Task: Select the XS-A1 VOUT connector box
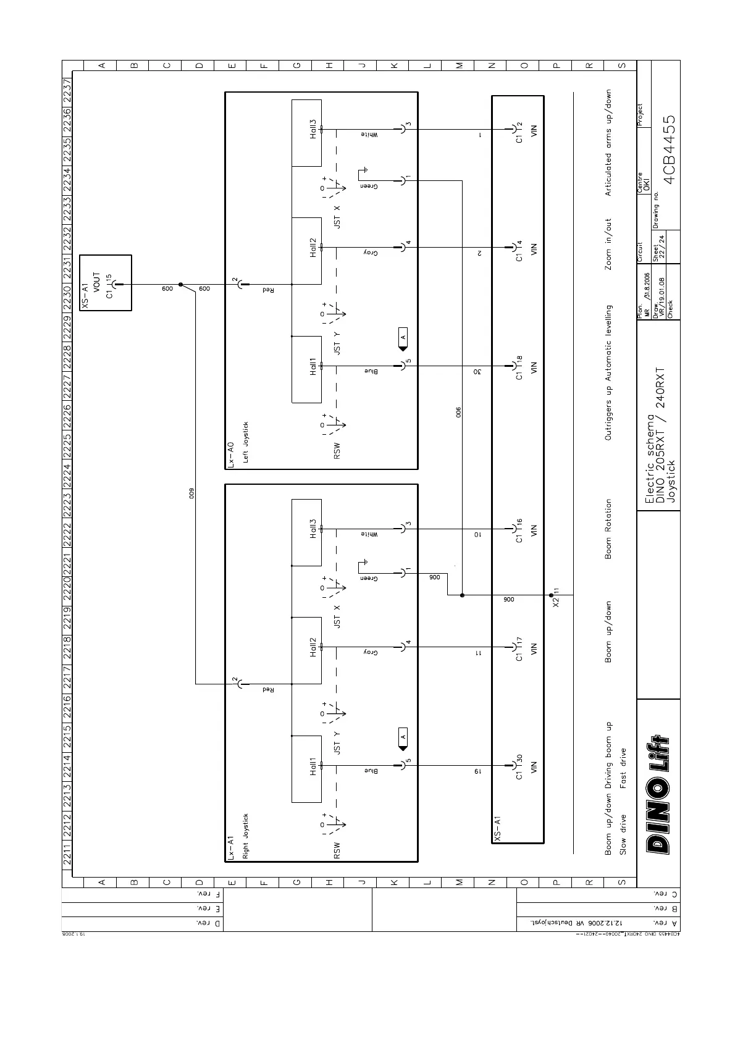pyautogui.click(x=106, y=283)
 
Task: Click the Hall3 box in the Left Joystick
pyautogui.click(x=306, y=133)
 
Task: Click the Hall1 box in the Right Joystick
pyautogui.click(x=306, y=769)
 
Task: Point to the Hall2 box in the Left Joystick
pyautogui.click(x=306, y=251)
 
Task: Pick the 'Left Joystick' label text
pyautogui.click(x=246, y=442)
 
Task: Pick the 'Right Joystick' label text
pyautogui.click(x=246, y=836)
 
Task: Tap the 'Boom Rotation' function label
pyautogui.click(x=608, y=529)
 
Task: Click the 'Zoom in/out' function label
pyautogui.click(x=608, y=243)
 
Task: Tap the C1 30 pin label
pyautogui.click(x=519, y=766)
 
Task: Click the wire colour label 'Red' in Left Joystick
pyautogui.click(x=268, y=289)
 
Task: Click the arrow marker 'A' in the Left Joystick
pyautogui.click(x=403, y=338)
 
